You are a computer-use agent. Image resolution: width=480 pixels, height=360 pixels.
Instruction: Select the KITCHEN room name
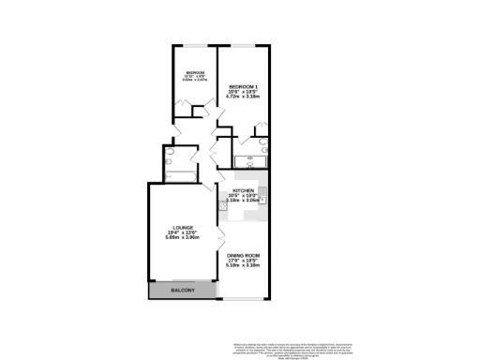tap(243, 188)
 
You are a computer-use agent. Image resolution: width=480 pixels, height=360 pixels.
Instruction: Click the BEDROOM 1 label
tap(243, 87)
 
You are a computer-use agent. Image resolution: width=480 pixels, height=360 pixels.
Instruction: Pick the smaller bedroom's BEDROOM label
tap(195, 72)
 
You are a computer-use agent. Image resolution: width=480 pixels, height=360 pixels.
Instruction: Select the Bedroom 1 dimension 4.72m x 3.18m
tap(243, 97)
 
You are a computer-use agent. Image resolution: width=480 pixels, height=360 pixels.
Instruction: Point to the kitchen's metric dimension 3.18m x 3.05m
tap(243, 200)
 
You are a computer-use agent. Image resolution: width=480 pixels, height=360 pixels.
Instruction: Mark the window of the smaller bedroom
tap(195, 44)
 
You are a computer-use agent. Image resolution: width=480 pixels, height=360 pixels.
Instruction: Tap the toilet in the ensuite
tap(263, 144)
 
